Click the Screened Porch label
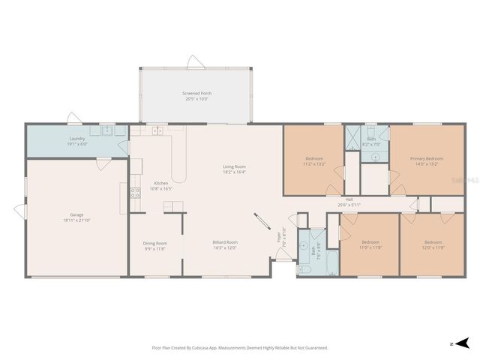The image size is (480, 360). [x=196, y=95]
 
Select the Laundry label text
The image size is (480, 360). [x=77, y=140]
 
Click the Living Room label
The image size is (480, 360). [x=234, y=169]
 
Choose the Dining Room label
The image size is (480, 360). [x=155, y=245]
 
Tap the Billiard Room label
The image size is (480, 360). [x=225, y=244]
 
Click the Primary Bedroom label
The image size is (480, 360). [x=426, y=160]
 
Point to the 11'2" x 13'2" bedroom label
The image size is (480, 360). [x=313, y=160]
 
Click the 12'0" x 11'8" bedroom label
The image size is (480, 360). [x=433, y=244]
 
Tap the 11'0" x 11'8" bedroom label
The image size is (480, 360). [x=370, y=244]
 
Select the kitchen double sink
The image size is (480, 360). [x=157, y=131]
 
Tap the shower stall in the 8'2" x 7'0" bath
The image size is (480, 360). [x=352, y=137]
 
